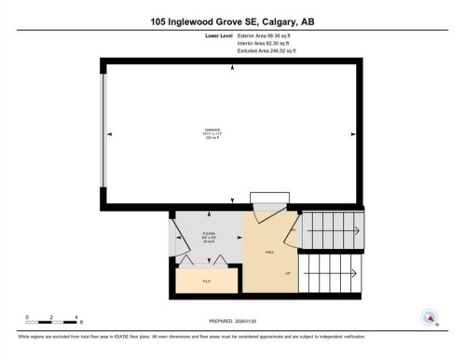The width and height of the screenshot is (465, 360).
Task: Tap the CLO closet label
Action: click(207, 280)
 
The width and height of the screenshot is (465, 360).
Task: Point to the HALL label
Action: click(269, 252)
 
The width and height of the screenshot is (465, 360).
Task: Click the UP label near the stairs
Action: click(289, 272)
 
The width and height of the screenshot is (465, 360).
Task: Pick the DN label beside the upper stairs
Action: click(293, 229)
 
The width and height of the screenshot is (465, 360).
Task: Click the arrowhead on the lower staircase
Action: click(355, 273)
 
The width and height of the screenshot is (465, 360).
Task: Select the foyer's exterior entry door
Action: click(172, 238)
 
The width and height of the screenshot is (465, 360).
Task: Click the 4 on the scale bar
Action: click(76, 317)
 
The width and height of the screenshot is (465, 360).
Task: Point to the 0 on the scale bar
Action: click(27, 317)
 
